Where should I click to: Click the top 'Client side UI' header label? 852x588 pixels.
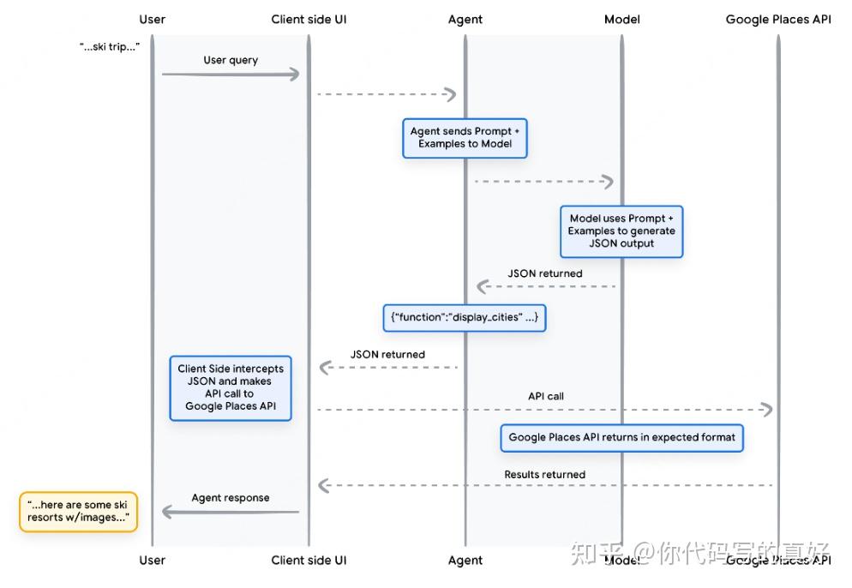(x=309, y=20)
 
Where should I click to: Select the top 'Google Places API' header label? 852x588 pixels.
(x=778, y=20)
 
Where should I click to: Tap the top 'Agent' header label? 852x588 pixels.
(x=465, y=20)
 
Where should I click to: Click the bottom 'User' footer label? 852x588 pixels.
(x=153, y=561)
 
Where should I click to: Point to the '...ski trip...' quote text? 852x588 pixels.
(x=110, y=46)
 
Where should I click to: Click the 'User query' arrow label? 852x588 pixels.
(x=231, y=61)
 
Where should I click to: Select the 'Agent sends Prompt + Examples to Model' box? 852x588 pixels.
(x=465, y=138)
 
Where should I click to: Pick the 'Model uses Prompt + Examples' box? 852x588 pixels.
(x=621, y=231)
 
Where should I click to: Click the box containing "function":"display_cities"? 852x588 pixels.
(x=465, y=317)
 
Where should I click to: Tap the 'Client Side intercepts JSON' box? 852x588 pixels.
(x=231, y=387)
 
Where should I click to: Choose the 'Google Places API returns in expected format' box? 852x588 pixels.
(x=621, y=437)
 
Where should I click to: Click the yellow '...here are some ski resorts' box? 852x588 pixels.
(x=78, y=512)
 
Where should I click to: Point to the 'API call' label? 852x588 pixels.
(x=545, y=397)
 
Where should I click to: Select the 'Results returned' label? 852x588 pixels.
(x=544, y=475)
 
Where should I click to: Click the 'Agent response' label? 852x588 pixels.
(x=231, y=498)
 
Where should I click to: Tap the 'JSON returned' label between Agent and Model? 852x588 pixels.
(x=544, y=274)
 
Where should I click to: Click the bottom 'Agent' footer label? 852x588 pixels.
(x=465, y=561)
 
